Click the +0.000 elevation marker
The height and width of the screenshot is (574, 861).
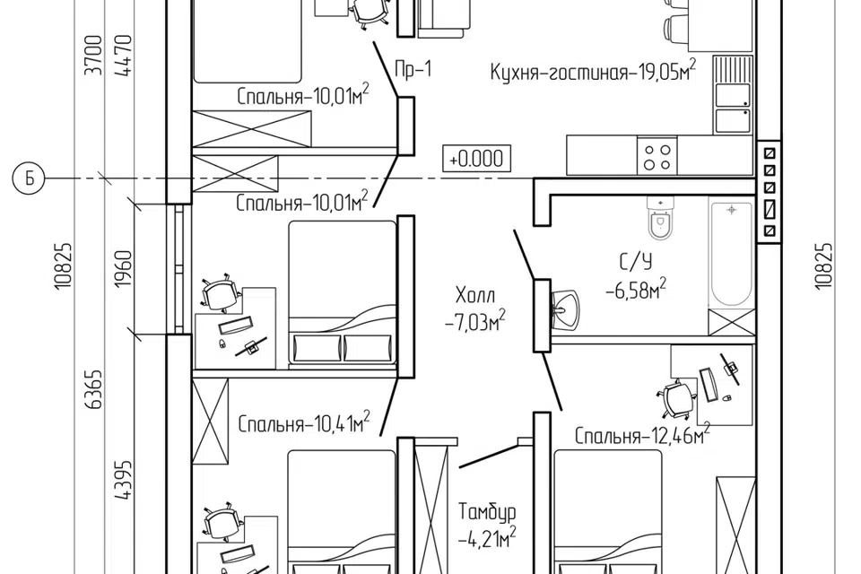(476, 159)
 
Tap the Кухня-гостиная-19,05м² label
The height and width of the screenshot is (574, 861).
(593, 73)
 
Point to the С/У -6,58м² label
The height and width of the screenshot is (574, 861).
(635, 276)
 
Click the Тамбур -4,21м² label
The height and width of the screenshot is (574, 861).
(486, 526)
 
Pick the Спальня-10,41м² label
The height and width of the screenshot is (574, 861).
(305, 422)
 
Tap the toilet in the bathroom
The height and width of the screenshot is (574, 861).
(660, 220)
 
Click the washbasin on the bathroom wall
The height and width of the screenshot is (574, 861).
(565, 308)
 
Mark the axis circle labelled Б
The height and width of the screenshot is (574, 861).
(28, 179)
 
